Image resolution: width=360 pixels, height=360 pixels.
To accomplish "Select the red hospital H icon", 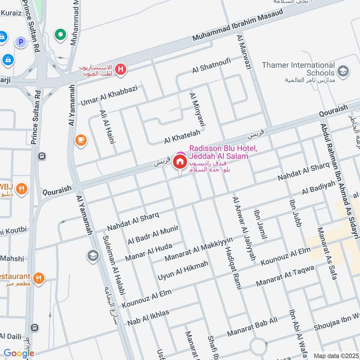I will (120, 69).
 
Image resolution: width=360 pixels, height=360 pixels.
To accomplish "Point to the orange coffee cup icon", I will (81, 140).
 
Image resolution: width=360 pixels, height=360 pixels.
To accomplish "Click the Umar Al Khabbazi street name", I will (114, 95).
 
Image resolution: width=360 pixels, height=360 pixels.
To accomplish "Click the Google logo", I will (18, 353).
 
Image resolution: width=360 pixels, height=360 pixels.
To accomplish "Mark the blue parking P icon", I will (20, 42).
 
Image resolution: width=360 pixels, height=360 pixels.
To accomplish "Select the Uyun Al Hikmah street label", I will (183, 270).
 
